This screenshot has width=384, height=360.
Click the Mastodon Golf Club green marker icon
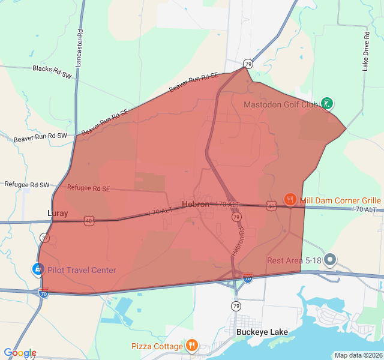pyautogui.click(x=326, y=103)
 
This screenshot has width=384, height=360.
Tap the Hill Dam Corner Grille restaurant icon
pyautogui.click(x=290, y=200)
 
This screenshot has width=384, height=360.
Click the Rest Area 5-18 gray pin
pyautogui.click(x=330, y=260)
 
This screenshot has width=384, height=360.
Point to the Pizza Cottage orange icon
pyautogui.click(x=191, y=346)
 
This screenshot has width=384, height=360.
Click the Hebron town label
pyautogui.click(x=196, y=204)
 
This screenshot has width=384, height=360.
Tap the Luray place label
pyautogui.click(x=58, y=213)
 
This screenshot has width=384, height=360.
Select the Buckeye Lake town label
pyautogui.click(x=262, y=332)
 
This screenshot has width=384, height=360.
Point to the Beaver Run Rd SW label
pyautogui.click(x=40, y=137)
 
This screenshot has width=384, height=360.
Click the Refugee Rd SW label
pyautogui.click(x=27, y=185)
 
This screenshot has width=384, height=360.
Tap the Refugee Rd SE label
pyautogui.click(x=88, y=188)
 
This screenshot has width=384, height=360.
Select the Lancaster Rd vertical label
pyautogui.click(x=79, y=45)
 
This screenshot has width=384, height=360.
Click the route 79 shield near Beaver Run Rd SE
pyautogui.click(x=247, y=64)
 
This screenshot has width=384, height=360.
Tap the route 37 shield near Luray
pyautogui.click(x=44, y=237)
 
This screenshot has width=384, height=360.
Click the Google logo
pyautogui.click(x=20, y=353)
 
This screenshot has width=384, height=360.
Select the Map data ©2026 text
pyautogui.click(x=357, y=355)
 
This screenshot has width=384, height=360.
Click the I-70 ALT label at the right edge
pyautogui.click(x=365, y=209)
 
